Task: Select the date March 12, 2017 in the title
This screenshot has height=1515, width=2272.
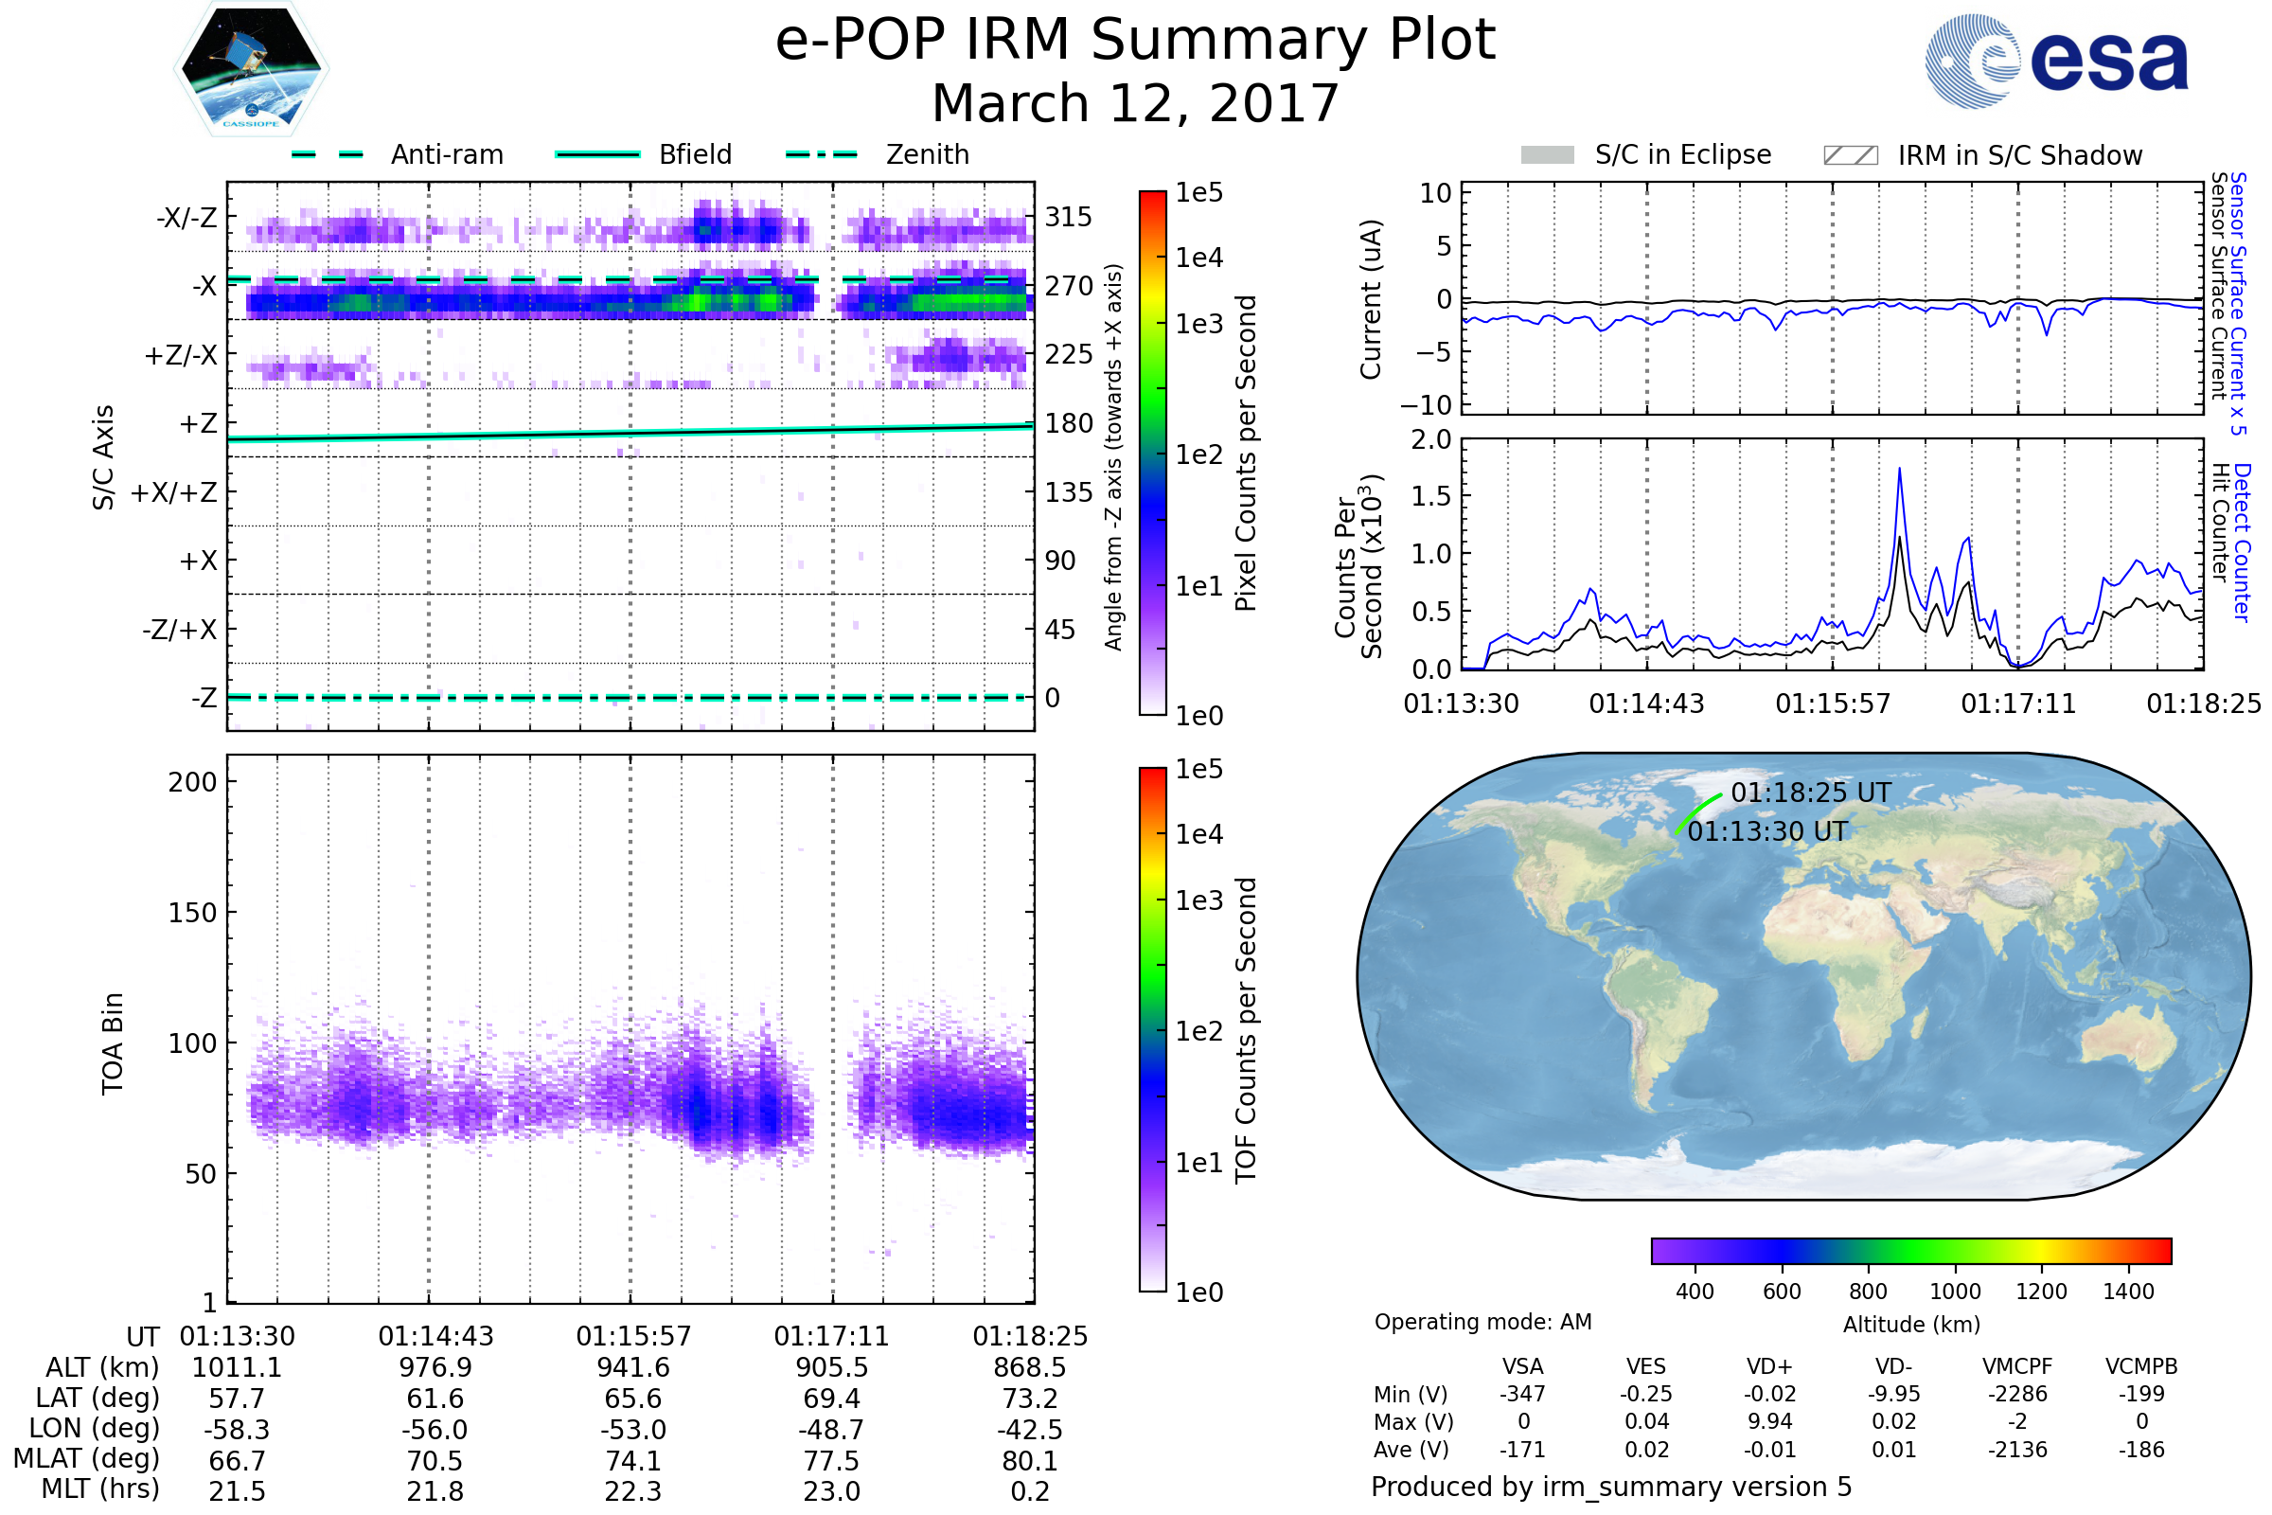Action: coord(1135,103)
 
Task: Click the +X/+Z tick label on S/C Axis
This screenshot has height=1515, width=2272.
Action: coord(174,492)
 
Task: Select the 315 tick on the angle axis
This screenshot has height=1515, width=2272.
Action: coord(1069,217)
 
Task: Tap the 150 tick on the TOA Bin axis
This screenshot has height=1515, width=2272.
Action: coord(192,913)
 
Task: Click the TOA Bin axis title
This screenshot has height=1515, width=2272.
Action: coord(113,1043)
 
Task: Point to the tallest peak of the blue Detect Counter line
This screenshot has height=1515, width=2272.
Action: coord(1899,470)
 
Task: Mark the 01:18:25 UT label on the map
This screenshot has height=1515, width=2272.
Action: coord(1810,793)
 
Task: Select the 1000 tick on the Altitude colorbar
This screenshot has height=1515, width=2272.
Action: coord(1954,1292)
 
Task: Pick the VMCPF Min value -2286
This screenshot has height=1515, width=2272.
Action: coord(2017,1394)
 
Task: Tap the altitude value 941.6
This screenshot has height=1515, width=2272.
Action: coord(632,1368)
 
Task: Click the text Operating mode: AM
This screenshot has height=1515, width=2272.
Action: coord(1482,1322)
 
